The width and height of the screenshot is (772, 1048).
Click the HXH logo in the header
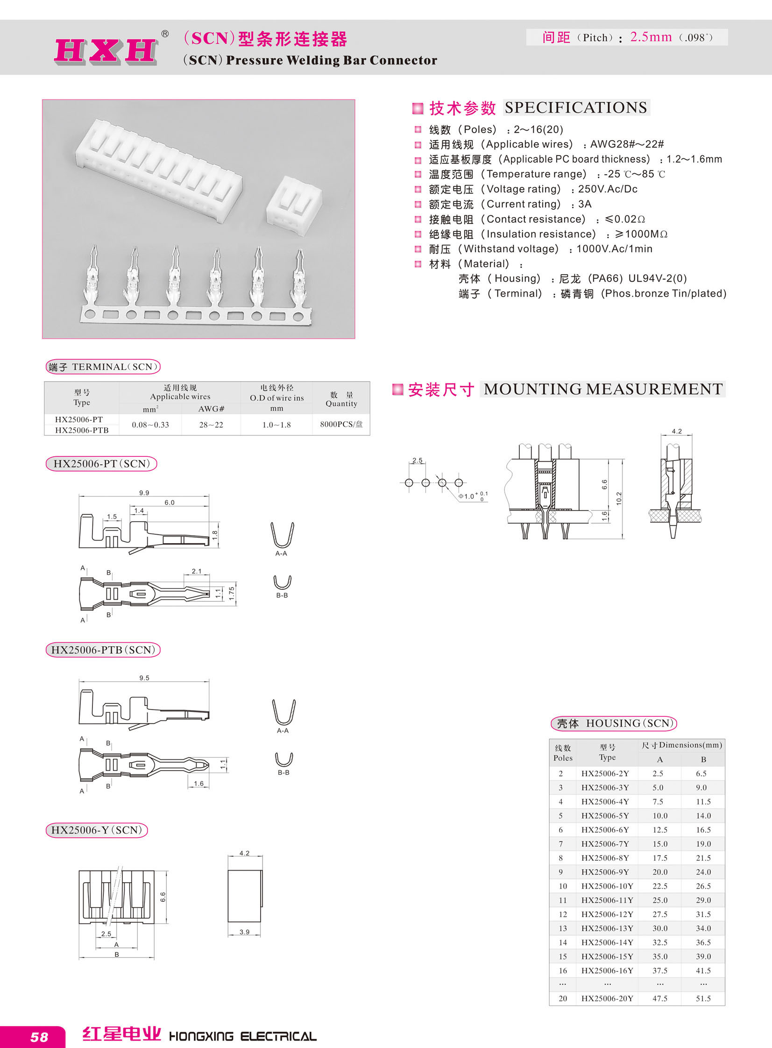(x=106, y=50)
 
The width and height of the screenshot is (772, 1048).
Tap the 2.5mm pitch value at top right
(x=651, y=37)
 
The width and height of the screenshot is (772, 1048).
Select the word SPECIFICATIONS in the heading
(x=576, y=107)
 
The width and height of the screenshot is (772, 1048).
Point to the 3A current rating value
(x=585, y=204)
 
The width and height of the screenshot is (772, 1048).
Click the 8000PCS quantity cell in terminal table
(x=341, y=424)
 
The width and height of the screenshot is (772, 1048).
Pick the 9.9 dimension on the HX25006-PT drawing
(x=144, y=492)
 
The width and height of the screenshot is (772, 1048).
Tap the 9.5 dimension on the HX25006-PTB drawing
(x=144, y=678)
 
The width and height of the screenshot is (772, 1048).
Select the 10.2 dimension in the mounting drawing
(x=619, y=498)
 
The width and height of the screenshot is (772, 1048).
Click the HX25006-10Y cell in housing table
(x=607, y=886)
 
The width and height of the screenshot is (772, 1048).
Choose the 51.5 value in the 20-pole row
(x=703, y=998)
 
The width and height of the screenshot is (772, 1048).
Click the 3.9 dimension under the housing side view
(x=244, y=932)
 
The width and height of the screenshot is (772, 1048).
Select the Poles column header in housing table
(x=563, y=753)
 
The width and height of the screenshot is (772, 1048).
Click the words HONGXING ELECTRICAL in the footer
(x=242, y=1036)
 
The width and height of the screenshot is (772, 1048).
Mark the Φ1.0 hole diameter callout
(x=469, y=496)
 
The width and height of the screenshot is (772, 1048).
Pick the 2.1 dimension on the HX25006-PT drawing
(x=196, y=571)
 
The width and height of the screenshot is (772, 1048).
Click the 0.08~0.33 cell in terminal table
(x=150, y=425)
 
